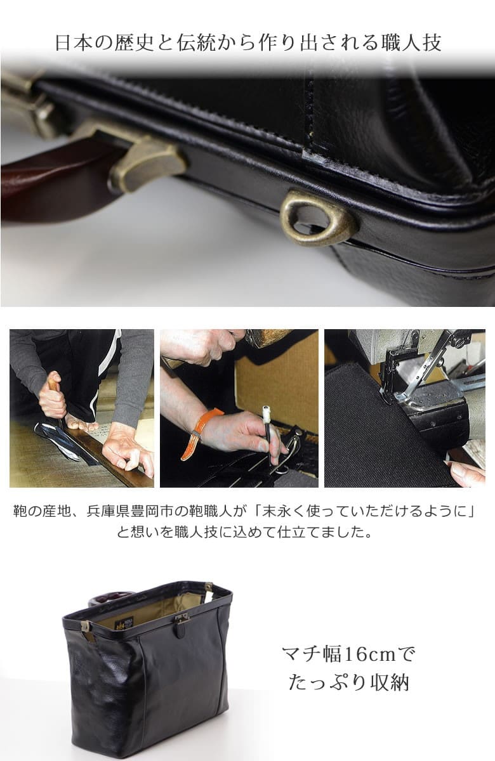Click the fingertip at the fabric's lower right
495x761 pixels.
click(x=466, y=472)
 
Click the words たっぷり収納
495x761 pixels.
click(x=348, y=682)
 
